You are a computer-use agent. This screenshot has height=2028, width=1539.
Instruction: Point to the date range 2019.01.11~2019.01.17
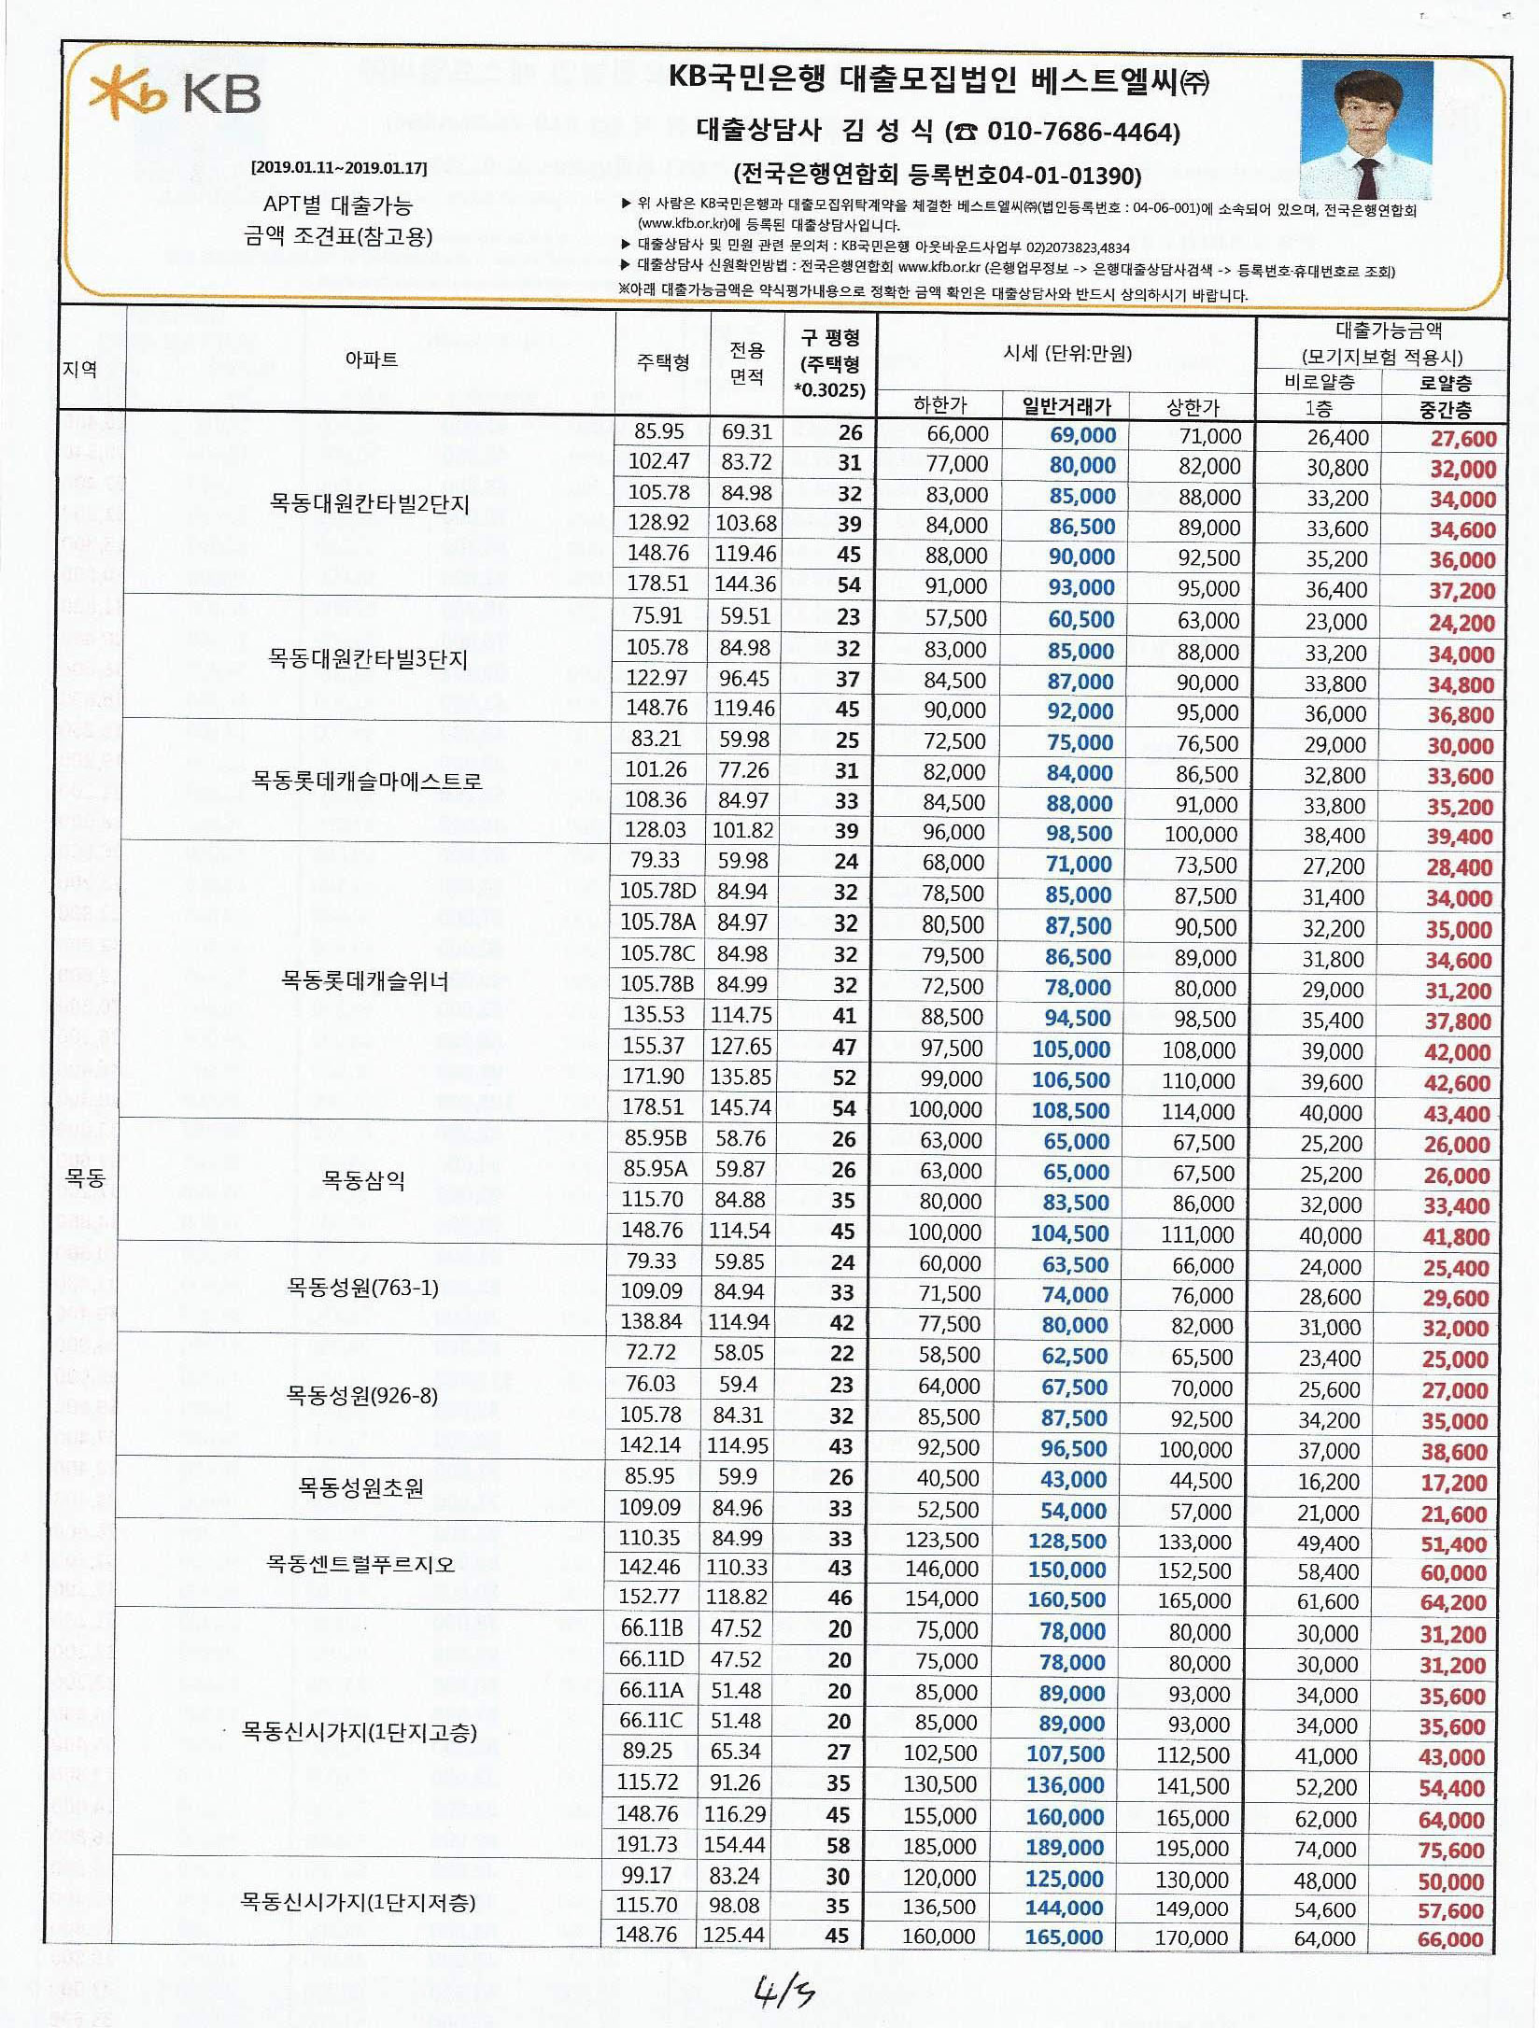pos(339,168)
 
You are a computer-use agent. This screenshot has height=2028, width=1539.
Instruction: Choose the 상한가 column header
pos(1193,406)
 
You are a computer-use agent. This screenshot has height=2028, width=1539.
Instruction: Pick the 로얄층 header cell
pos(1445,383)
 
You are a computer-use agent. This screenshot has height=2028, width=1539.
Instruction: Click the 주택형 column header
pos(663,361)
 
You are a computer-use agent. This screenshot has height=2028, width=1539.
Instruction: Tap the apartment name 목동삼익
pos(363,1180)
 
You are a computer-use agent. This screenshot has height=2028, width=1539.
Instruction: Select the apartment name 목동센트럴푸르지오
pos(360,1563)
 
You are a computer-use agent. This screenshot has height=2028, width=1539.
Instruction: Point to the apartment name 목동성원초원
pos(360,1487)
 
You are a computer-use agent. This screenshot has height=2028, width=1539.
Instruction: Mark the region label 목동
pos(85,1178)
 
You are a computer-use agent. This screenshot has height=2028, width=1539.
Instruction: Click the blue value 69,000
pos(1082,435)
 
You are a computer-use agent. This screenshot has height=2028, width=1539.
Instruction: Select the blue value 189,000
pos(1065,1847)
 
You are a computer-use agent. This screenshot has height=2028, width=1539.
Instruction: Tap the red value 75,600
pos(1450,1850)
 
